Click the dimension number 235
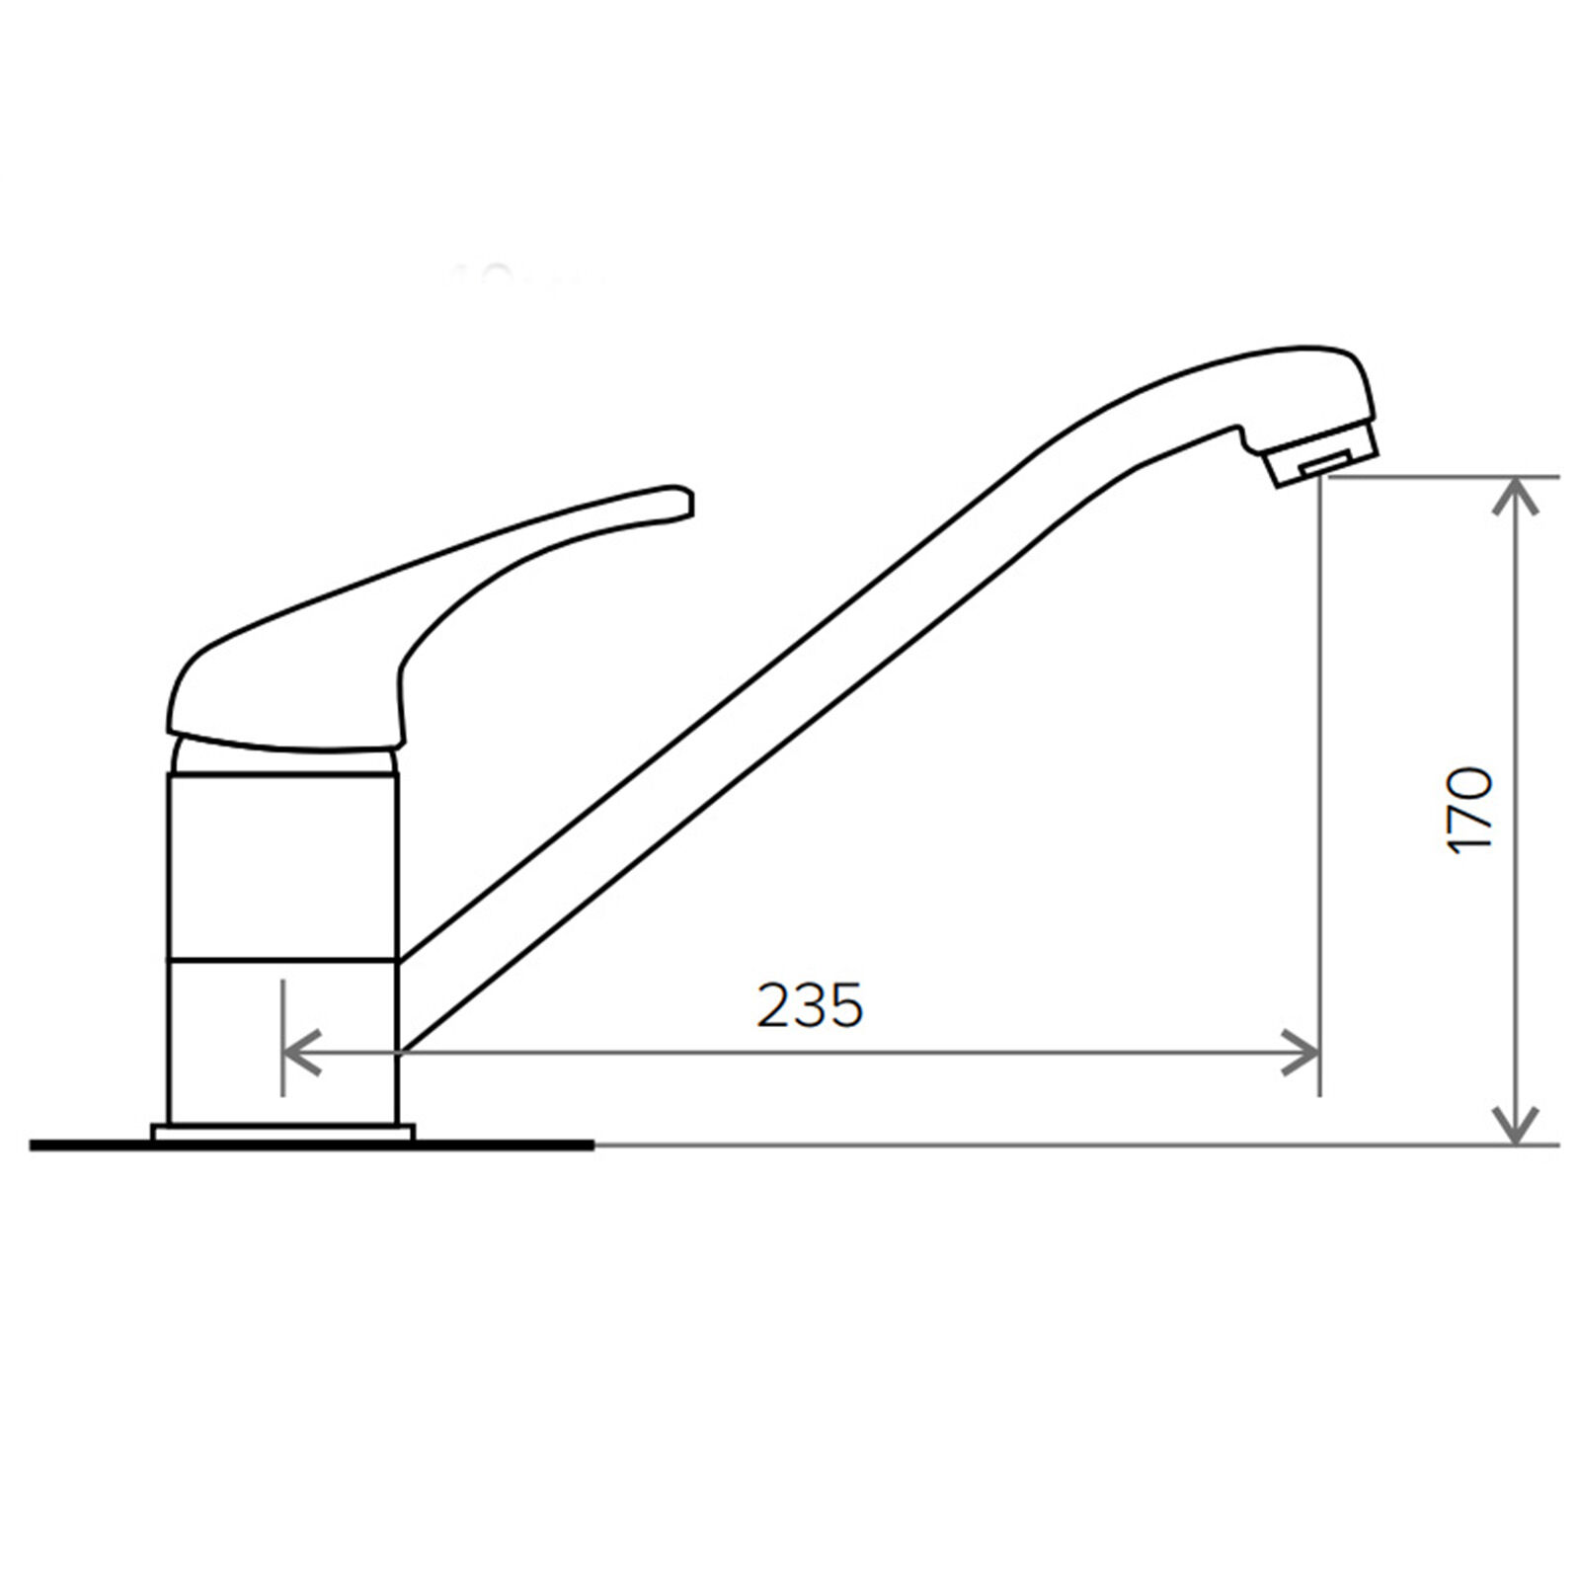[x=810, y=1005]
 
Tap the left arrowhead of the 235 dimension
[x=301, y=1053]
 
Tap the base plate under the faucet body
[x=283, y=1133]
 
